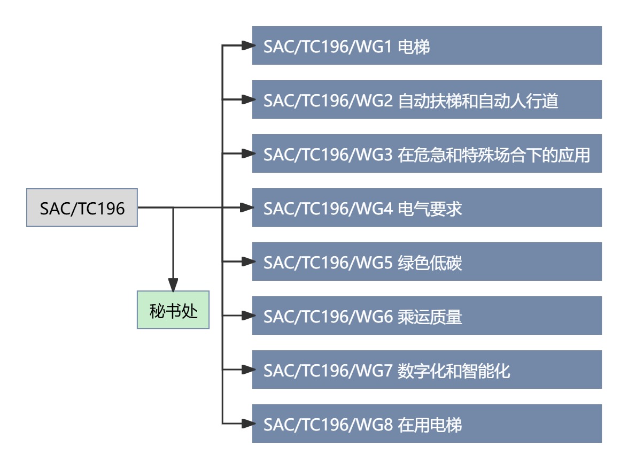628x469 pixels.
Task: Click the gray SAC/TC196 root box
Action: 82,207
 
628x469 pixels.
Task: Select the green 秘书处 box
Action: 173,310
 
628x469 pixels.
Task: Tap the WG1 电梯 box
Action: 427,46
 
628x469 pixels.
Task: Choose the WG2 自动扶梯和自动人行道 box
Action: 427,100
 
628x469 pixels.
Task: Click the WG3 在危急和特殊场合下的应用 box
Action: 427,154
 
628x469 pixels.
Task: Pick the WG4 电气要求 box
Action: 427,208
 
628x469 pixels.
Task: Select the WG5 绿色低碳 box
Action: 427,262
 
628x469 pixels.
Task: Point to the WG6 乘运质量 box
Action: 427,316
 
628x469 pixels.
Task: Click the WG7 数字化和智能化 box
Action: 427,370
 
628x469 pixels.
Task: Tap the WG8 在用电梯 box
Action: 427,424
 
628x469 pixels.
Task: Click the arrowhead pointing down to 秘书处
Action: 173,285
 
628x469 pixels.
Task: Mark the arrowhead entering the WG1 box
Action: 246,46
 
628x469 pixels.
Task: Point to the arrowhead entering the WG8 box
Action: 246,424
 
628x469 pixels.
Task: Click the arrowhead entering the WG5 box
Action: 246,262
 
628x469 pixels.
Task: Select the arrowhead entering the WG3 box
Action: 246,154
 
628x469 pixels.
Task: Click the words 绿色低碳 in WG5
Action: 430,263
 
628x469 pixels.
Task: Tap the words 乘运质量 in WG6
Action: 430,317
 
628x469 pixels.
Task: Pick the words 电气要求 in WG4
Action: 430,209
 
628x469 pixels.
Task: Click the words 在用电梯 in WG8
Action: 430,425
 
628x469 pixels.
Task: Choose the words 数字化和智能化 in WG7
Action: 454,371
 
